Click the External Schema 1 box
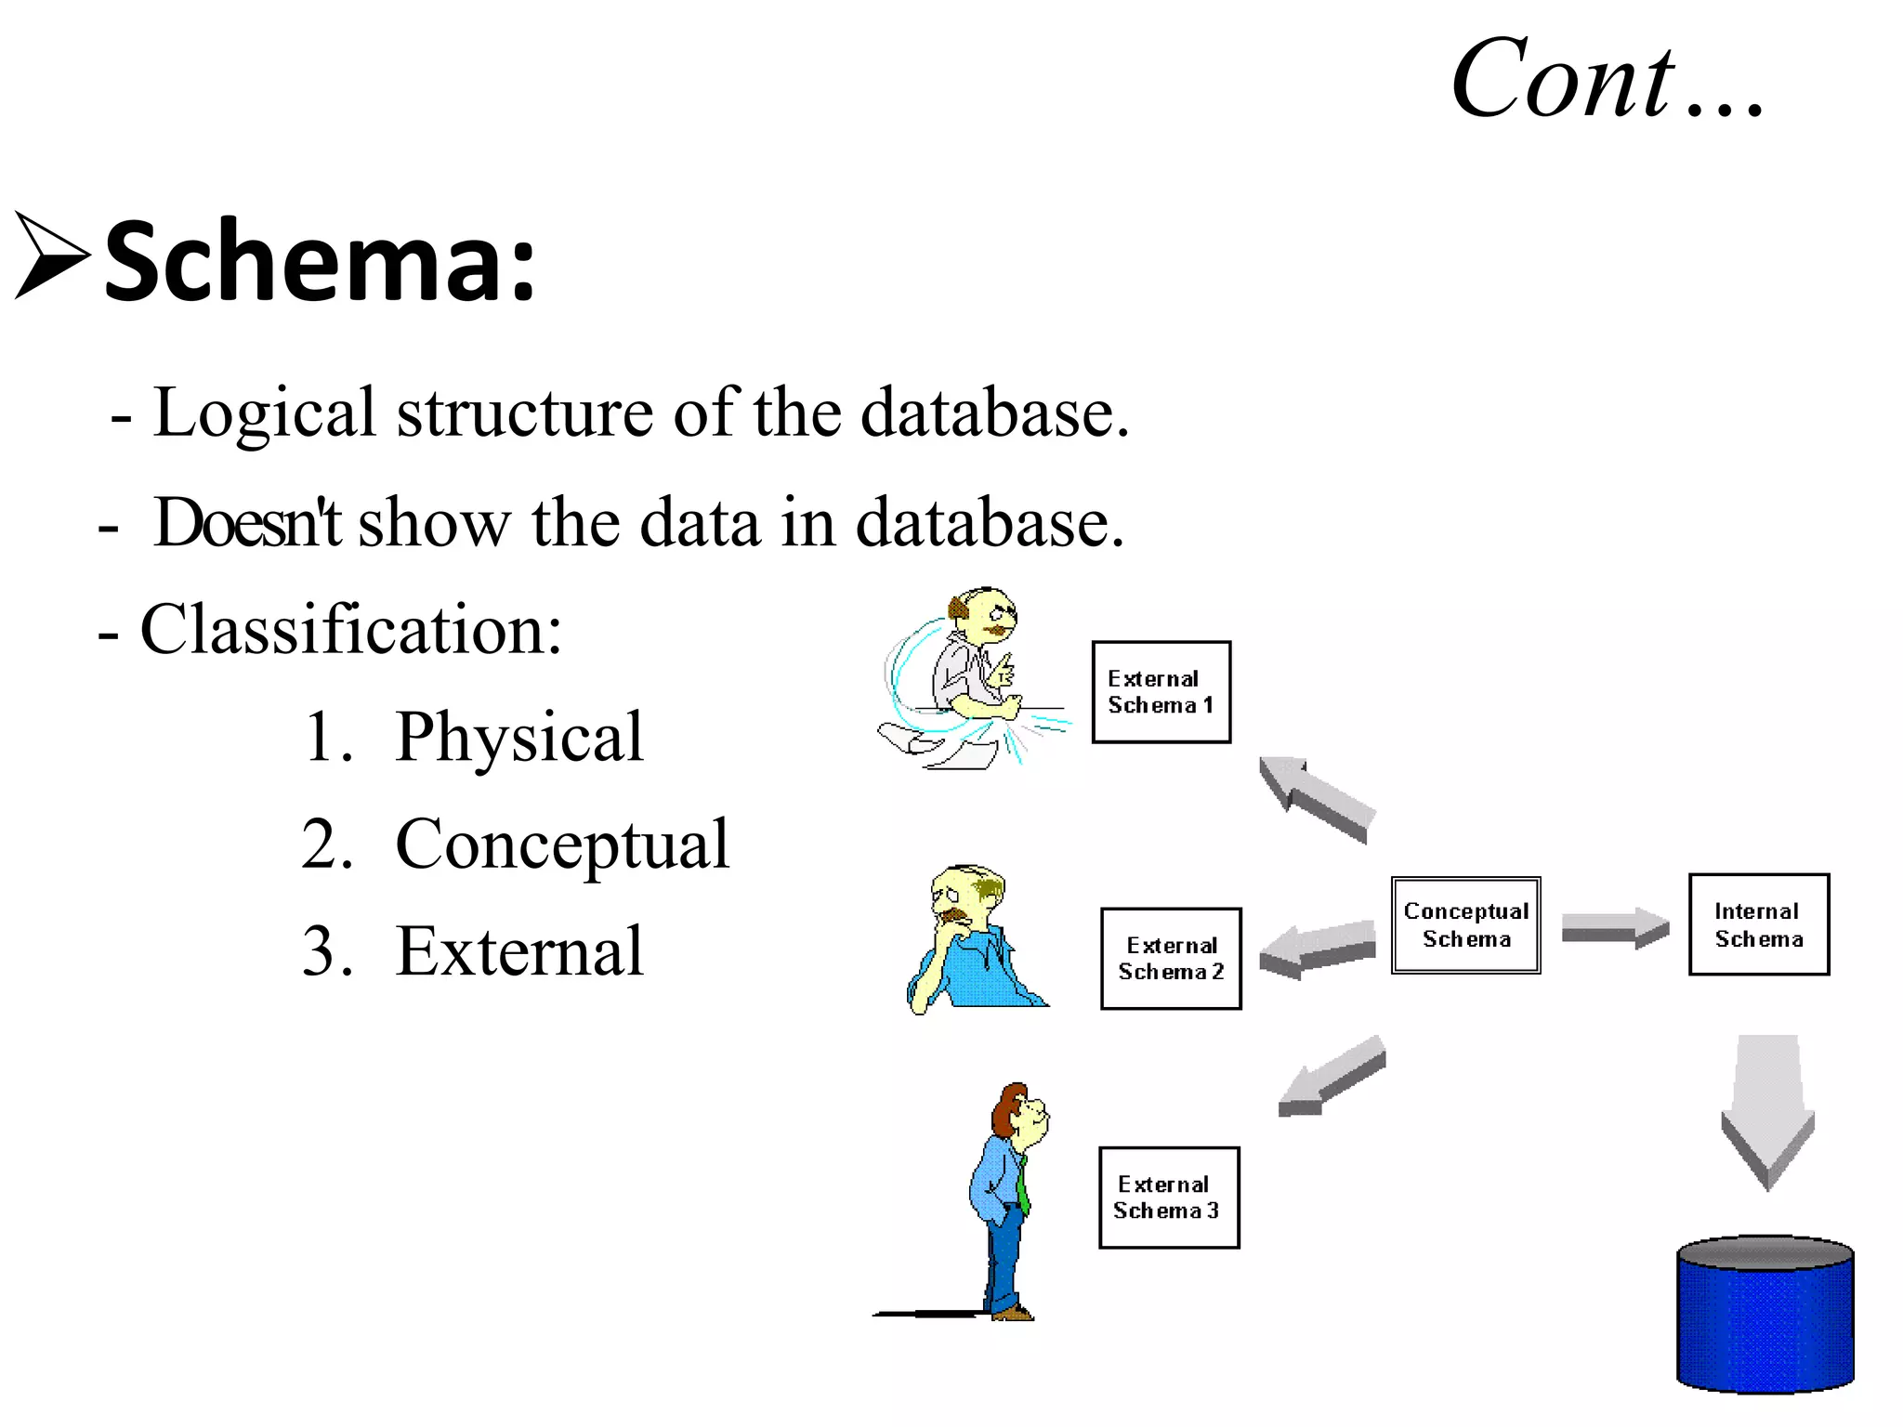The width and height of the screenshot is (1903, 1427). coord(1161,692)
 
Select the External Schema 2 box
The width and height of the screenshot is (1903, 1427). coord(1171,959)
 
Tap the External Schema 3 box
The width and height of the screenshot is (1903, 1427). coord(1169,1198)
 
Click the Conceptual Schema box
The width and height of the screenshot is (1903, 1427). coord(1465,925)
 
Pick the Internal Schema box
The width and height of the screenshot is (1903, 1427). coord(1758,924)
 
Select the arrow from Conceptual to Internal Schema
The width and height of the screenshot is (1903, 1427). coord(1614,927)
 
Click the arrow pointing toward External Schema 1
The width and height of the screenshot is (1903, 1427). coord(1315,797)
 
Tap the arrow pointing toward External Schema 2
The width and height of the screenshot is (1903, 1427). coord(1317,949)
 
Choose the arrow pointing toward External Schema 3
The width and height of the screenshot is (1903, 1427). coord(1332,1076)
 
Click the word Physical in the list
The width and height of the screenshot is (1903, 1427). coord(518,737)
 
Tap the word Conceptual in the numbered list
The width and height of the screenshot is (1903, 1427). coord(562,844)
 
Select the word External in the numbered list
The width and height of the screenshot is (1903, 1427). coord(518,952)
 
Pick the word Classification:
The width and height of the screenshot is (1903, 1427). coord(350,630)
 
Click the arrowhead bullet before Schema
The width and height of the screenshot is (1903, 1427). coord(52,255)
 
